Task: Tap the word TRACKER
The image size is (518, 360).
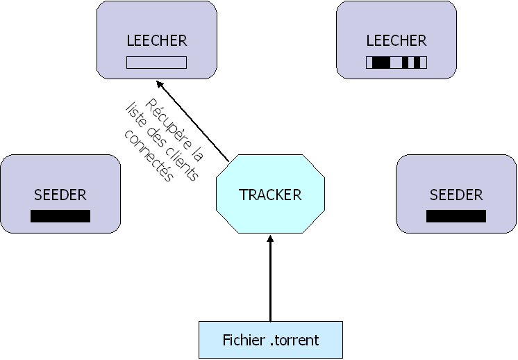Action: pos(270,195)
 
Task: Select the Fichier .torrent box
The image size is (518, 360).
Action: pos(271,340)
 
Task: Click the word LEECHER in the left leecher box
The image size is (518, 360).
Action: pos(157,40)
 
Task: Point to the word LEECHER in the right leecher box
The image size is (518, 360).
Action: pos(396,40)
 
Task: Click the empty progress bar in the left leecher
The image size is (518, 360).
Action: pos(157,63)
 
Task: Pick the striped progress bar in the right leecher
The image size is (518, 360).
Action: pos(396,63)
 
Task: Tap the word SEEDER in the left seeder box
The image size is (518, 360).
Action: pos(60,195)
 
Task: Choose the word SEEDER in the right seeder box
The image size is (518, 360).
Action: pos(456,195)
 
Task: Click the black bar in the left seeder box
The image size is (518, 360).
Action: pos(60,216)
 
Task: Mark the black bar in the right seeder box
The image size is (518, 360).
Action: pos(456,216)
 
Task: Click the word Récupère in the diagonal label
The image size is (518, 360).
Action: pos(174,125)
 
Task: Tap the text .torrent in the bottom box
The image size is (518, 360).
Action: pos(294,341)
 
